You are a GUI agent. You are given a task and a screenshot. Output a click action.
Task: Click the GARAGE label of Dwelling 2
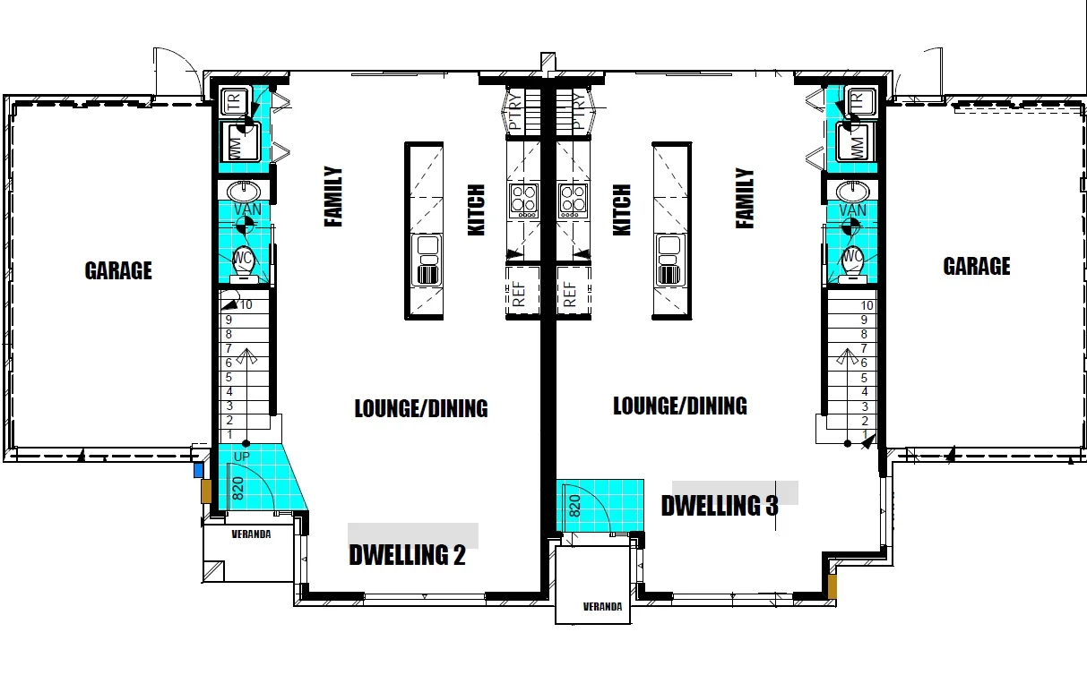[x=118, y=270]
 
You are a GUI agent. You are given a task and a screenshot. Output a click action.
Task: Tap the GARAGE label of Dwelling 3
[x=976, y=266]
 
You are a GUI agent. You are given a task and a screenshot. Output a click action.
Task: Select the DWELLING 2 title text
[x=407, y=555]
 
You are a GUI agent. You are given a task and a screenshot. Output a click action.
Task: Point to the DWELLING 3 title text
[x=719, y=506]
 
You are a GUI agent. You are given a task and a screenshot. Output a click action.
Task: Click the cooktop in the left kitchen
[x=523, y=201]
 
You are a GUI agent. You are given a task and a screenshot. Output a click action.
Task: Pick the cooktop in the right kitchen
[x=573, y=201]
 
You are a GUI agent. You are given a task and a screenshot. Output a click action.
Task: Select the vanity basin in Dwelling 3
[x=852, y=191]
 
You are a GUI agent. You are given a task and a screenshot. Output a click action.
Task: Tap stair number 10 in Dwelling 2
[x=246, y=305]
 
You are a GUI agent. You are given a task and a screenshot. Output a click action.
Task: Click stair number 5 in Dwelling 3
[x=865, y=377]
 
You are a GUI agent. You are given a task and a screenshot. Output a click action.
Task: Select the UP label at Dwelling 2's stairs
[x=242, y=457]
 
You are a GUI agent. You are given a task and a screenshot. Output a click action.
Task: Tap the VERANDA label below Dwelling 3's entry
[x=602, y=606]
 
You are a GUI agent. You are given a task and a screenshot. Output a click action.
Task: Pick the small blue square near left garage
[x=198, y=470]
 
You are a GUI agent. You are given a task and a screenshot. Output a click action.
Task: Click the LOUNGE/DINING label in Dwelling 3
[x=679, y=406]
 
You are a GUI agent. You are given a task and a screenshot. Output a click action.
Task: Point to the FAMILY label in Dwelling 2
[x=333, y=196]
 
